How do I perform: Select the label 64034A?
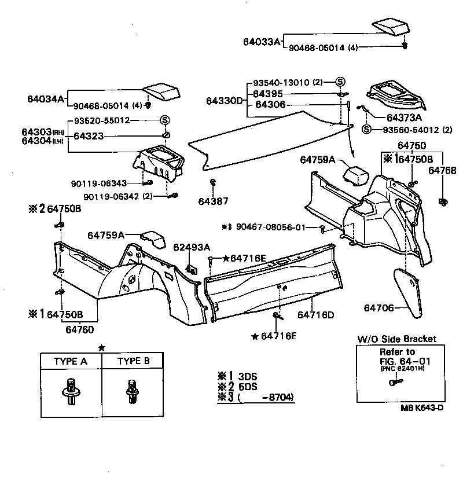46,98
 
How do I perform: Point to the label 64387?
213,201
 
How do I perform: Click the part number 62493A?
192,247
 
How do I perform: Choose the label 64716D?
316,315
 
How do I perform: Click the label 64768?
443,171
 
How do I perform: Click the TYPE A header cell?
71,361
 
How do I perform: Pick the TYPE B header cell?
134,361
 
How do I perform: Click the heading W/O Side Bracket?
396,339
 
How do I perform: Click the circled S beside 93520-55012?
165,120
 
